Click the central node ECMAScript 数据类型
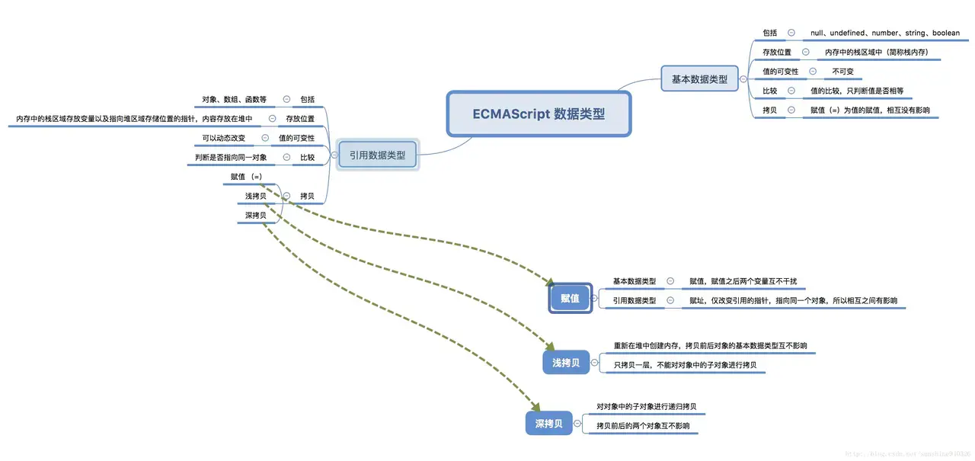[x=539, y=114]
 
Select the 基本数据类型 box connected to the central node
[x=698, y=78]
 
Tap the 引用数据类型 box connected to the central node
[x=377, y=155]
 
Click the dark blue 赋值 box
[x=570, y=298]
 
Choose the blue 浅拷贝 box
[x=566, y=363]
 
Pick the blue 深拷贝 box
[x=548, y=424]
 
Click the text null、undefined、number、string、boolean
[x=884, y=33]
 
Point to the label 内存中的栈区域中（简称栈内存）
[x=877, y=53]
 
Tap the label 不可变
[x=842, y=72]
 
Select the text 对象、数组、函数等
[x=234, y=99]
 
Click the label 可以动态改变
[x=223, y=138]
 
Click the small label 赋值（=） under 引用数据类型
[x=246, y=177]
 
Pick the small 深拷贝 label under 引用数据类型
[x=255, y=216]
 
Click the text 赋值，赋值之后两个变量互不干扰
[x=743, y=281]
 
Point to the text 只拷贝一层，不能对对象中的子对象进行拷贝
[x=685, y=365]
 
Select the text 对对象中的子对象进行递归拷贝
[x=646, y=406]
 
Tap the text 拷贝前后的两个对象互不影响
[x=643, y=426]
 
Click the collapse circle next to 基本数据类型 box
[x=743, y=78]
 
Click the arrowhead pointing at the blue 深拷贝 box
[x=535, y=407]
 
